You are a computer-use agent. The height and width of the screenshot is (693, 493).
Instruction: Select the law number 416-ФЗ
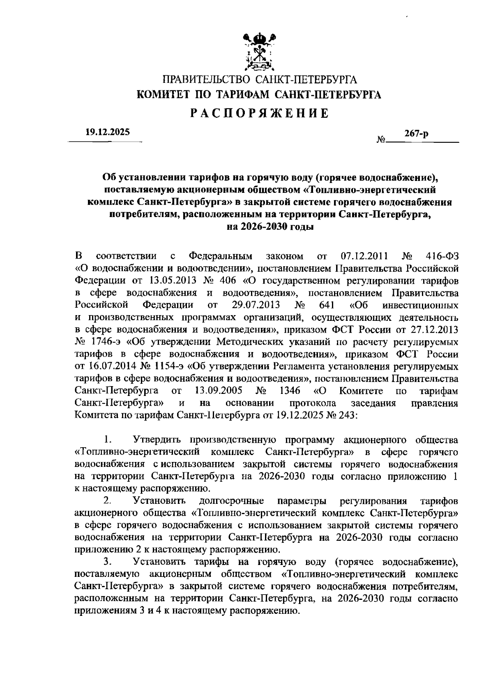pos(442,257)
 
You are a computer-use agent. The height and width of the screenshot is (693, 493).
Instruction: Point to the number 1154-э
pos(168,366)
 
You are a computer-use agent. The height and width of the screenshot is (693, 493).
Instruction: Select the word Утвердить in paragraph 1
pos(157,440)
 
